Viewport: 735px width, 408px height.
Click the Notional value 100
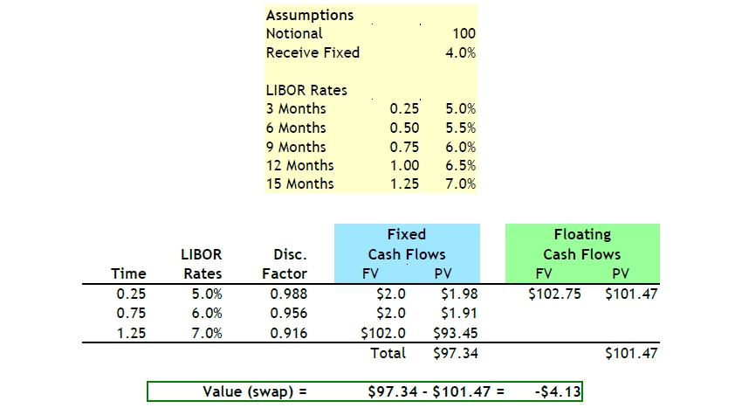tap(464, 34)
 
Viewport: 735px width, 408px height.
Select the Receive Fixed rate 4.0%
tap(460, 52)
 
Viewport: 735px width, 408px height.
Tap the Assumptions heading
tap(310, 16)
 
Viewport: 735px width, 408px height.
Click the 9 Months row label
tap(296, 147)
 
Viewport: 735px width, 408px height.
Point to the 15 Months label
tap(299, 183)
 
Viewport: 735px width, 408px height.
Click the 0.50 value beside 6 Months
tap(404, 128)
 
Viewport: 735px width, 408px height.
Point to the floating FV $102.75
tap(554, 294)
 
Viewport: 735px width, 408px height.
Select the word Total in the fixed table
tap(388, 353)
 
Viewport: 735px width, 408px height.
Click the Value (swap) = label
tap(255, 391)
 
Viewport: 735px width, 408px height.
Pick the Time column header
tap(129, 273)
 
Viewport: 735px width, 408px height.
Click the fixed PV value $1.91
tap(452, 312)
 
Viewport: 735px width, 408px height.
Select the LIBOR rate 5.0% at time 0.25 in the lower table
tap(206, 294)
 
